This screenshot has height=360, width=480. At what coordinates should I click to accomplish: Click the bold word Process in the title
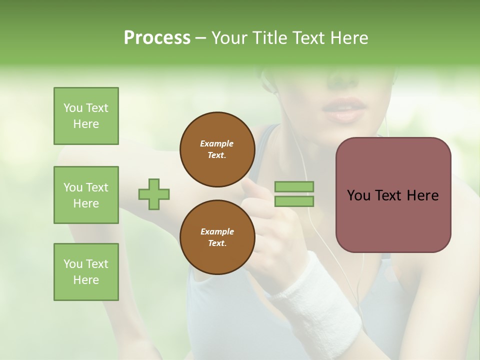point(157,38)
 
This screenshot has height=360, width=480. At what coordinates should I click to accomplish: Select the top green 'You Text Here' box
point(86,116)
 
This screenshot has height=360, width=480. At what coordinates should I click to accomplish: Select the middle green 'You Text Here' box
point(86,195)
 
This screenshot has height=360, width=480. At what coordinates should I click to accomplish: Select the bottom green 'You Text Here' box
point(86,272)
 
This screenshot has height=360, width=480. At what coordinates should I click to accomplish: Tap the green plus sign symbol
point(154,194)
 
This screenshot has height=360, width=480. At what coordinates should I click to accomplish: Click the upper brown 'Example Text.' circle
point(217,149)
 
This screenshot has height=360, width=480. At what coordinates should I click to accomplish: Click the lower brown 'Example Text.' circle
point(217,237)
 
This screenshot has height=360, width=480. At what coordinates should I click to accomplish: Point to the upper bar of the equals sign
point(294,187)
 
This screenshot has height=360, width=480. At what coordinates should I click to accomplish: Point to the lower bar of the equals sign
point(294,201)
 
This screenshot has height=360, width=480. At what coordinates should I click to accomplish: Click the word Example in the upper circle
point(217,143)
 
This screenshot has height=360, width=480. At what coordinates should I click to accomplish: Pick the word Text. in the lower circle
point(217,243)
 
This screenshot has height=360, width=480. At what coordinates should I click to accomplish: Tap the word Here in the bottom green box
point(86,280)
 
